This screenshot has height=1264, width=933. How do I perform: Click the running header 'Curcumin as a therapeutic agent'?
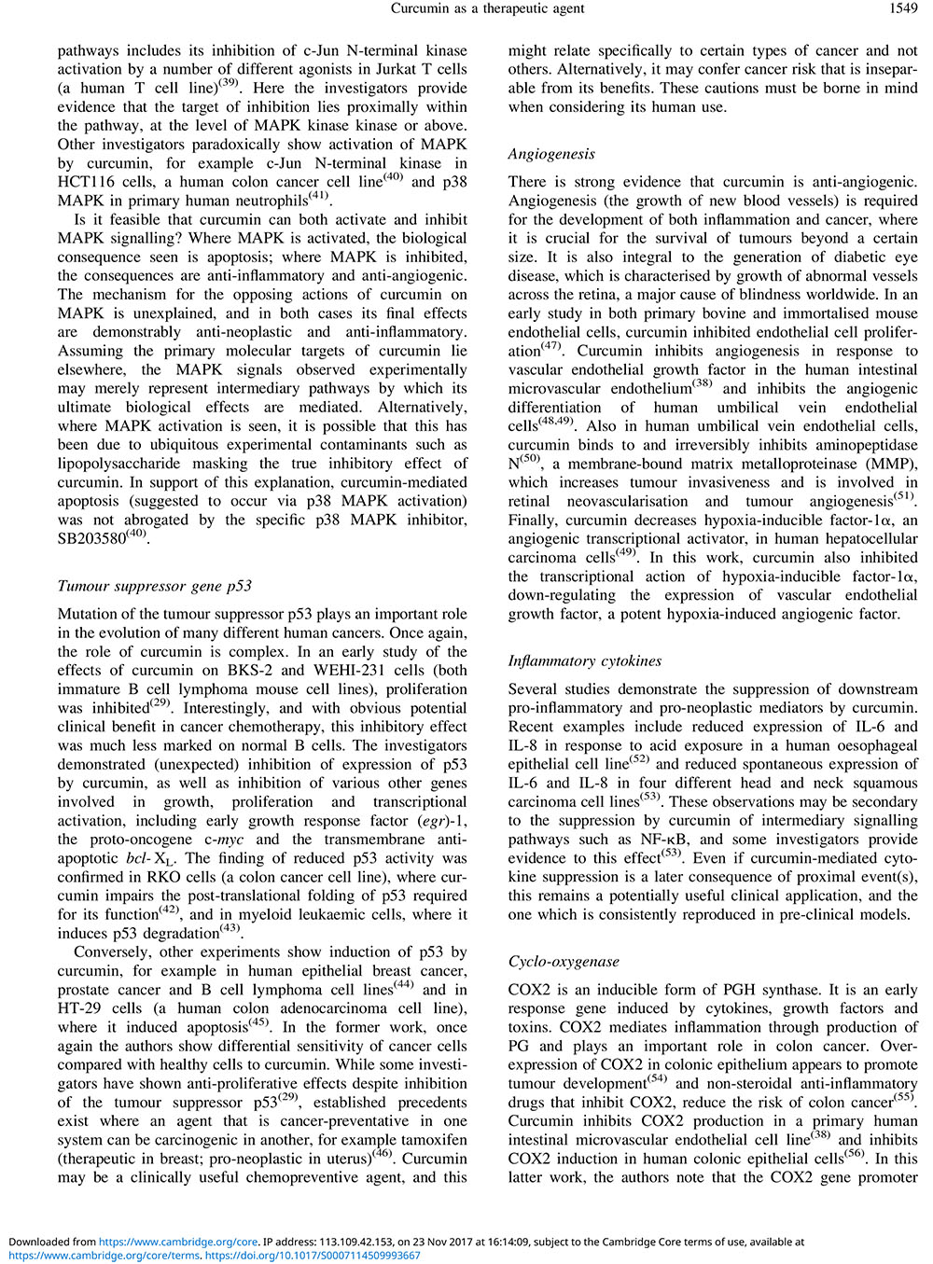click(488, 8)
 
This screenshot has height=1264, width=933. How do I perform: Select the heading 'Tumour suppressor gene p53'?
click(154, 586)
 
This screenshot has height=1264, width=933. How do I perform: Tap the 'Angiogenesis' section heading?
click(551, 154)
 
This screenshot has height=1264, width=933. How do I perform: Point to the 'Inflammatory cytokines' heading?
click(585, 660)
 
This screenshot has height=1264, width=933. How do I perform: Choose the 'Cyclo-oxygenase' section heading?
click(564, 961)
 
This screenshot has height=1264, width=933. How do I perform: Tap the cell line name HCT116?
click(87, 182)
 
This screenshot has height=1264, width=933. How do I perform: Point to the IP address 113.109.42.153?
click(348, 1242)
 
